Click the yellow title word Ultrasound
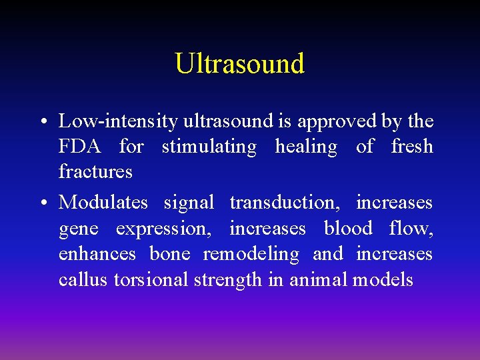tap(239, 63)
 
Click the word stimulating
tap(209, 147)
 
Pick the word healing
tap(306, 147)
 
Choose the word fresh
tap(412, 147)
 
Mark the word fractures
tap(95, 172)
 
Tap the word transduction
tap(283, 202)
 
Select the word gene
tap(78, 229)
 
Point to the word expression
tap(162, 229)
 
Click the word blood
tap(347, 229)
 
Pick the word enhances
tap(97, 254)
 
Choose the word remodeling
tap(251, 254)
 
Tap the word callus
tap(83, 279)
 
